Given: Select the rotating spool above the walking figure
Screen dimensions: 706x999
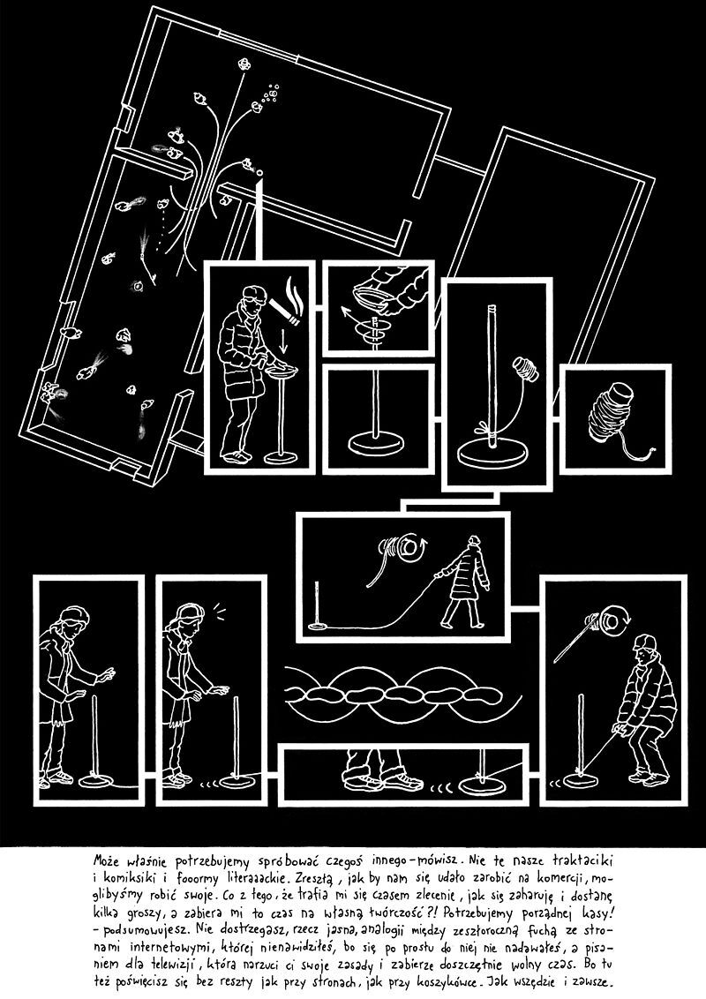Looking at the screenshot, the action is tap(402, 548).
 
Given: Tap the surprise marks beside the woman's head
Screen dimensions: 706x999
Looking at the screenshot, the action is tap(220, 612).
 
